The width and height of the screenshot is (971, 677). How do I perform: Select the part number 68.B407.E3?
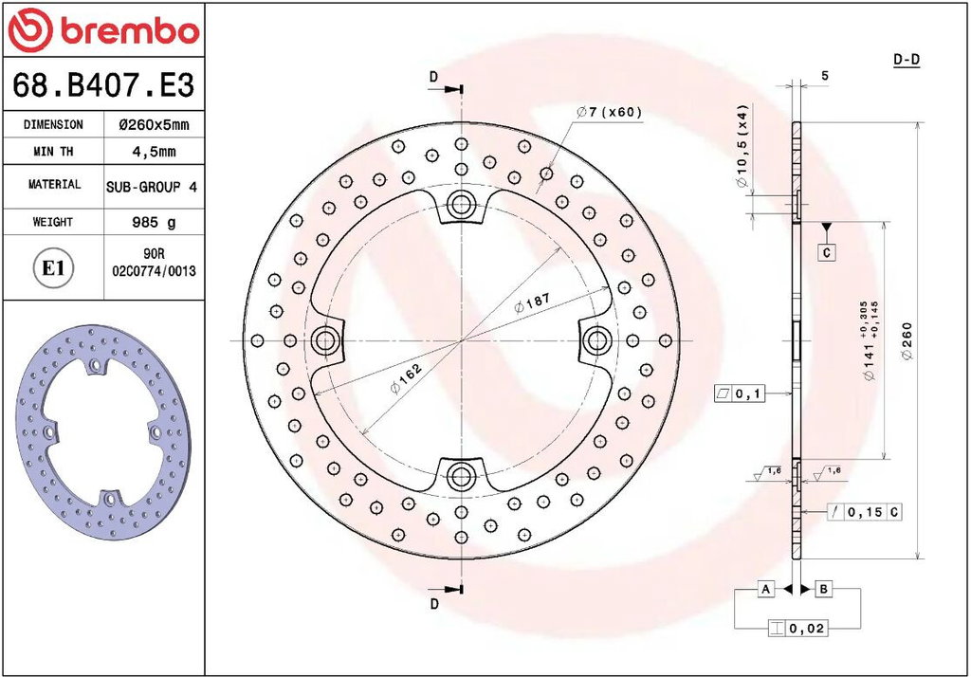[x=103, y=84]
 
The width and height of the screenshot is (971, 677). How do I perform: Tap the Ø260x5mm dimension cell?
[x=154, y=124]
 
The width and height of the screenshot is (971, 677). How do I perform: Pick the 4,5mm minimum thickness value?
[x=154, y=151]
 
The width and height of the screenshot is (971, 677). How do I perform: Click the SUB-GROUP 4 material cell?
[x=152, y=187]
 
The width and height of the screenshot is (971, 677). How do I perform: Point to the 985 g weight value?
[x=154, y=222]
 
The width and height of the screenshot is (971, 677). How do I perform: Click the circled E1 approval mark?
[x=53, y=268]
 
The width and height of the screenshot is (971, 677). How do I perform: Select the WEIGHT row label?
[x=53, y=222]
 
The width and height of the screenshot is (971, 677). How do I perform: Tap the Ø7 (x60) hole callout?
[x=609, y=112]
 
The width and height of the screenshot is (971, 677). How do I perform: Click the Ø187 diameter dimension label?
[x=532, y=302]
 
